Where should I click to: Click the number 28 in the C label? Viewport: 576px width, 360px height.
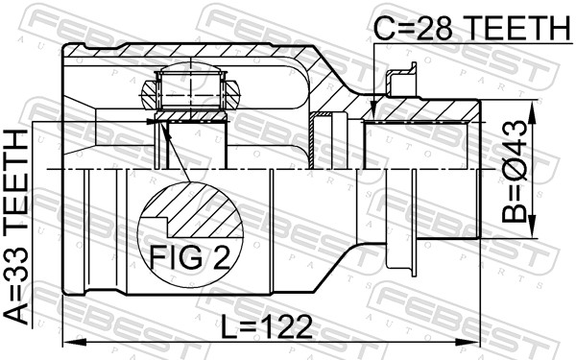(432, 29)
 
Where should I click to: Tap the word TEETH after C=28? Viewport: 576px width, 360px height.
(514, 29)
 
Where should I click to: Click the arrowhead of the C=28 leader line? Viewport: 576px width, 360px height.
(372, 117)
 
